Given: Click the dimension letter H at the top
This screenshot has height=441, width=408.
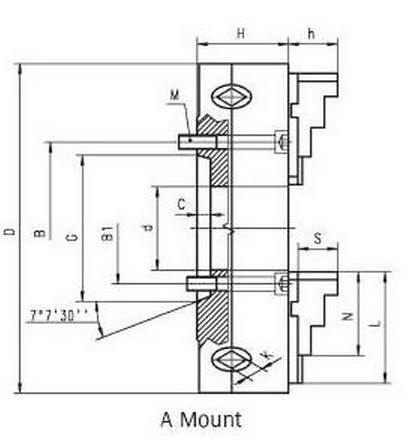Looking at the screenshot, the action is click(241, 34).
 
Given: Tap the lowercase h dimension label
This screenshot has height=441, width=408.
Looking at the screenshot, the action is click(311, 34).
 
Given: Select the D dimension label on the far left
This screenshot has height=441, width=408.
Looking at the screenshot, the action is click(10, 232).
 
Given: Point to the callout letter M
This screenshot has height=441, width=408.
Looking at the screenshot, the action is click(175, 96).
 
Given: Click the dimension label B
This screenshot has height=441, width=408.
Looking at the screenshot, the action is click(40, 232).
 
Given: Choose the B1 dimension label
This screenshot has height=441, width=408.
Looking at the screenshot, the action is click(108, 233).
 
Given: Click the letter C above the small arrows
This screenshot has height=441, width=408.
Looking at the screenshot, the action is click(181, 204).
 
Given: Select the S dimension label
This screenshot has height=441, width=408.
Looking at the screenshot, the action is click(318, 238).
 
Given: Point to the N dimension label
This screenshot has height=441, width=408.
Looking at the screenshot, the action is click(348, 316).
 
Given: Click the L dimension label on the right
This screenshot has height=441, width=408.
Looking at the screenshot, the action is click(376, 323).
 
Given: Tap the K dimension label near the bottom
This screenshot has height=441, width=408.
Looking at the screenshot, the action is click(267, 355).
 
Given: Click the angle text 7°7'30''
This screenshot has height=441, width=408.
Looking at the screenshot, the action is click(59, 315).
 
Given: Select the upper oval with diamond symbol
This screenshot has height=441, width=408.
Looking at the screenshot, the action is click(232, 97).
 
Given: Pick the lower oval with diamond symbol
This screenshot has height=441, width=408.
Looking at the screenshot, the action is click(232, 359).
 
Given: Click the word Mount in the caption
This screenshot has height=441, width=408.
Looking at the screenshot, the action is click(211, 419).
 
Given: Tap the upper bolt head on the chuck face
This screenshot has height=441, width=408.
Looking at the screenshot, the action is click(282, 142).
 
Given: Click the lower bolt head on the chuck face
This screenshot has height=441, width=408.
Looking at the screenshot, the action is click(282, 283).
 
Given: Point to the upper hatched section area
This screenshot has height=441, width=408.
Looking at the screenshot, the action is click(216, 150).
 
